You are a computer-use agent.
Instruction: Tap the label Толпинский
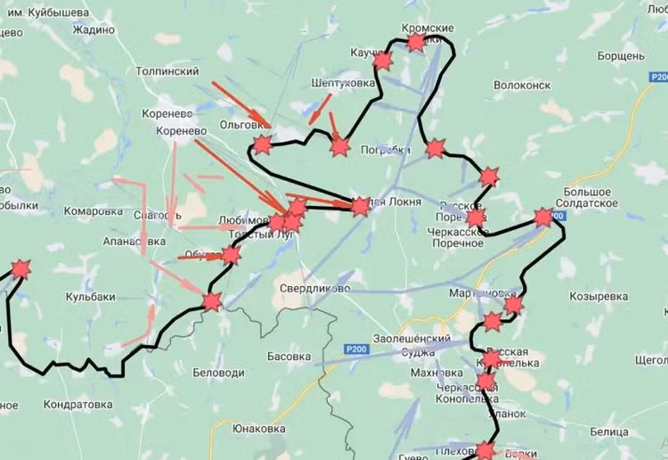tap(167, 70)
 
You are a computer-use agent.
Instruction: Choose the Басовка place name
tap(289, 357)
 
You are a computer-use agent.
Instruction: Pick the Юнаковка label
tap(258, 429)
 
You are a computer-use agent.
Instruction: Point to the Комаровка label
tap(93, 211)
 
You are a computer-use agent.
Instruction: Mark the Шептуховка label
tap(343, 83)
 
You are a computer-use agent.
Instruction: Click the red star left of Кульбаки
tap(20, 269)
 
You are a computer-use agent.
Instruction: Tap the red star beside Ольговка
tap(262, 144)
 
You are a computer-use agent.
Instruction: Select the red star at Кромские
tap(416, 42)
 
